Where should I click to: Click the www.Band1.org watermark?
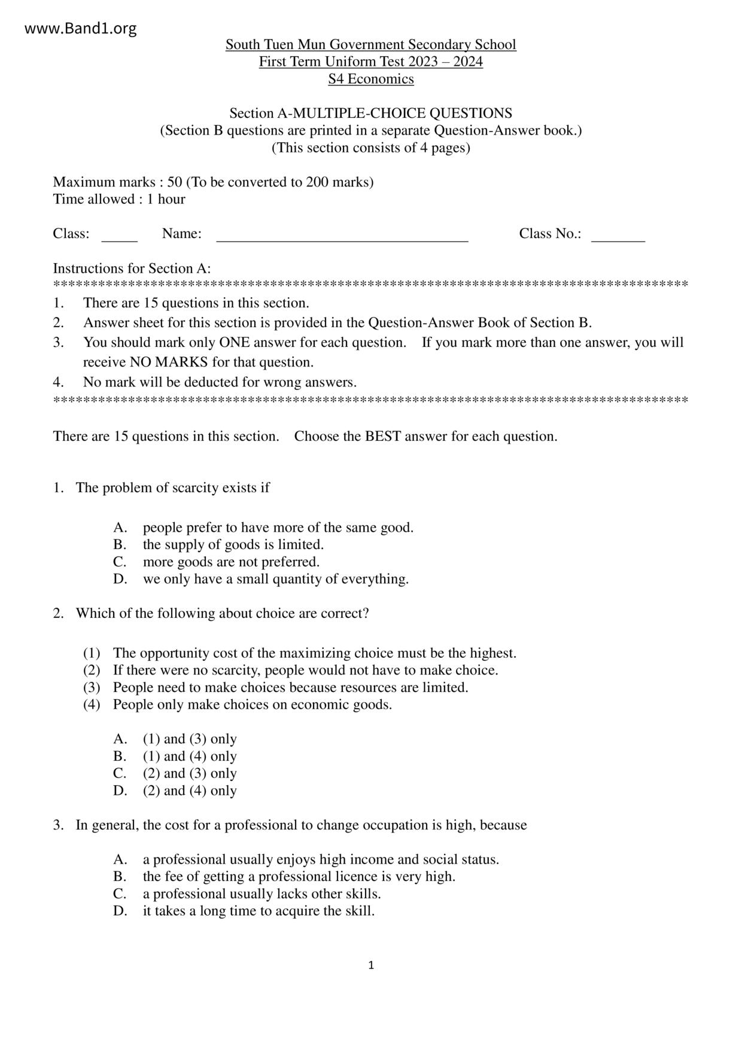point(81,28)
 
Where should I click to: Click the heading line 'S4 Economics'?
point(370,79)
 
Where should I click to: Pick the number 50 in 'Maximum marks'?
point(175,182)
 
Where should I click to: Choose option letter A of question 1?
point(120,527)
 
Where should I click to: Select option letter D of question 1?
point(120,579)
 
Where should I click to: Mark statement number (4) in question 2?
point(92,705)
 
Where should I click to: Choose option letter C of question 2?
point(120,773)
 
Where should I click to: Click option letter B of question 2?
point(120,757)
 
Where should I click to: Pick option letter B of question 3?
point(120,877)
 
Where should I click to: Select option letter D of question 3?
point(120,911)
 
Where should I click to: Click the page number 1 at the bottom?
point(371,965)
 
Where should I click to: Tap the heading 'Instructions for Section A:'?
point(132,269)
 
